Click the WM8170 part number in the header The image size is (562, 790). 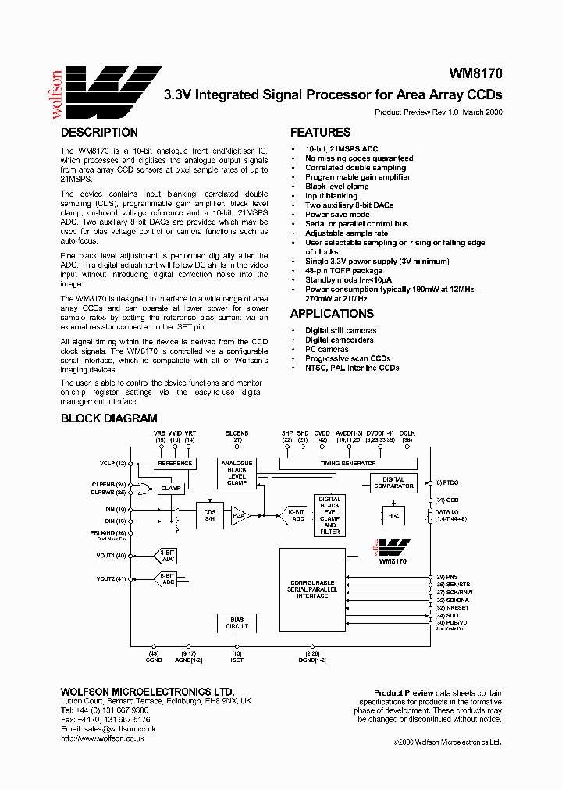(475, 74)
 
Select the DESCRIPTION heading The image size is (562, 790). (99, 133)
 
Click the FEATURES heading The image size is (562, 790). (320, 133)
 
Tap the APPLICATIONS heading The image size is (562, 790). (332, 314)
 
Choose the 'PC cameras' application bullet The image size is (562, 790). (327, 349)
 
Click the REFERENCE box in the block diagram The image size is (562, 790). (175, 463)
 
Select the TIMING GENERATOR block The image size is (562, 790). (347, 463)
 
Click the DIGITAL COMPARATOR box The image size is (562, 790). (393, 483)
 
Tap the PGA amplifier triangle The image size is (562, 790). (238, 514)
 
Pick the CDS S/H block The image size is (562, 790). (208, 511)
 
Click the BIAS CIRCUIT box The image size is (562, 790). (237, 623)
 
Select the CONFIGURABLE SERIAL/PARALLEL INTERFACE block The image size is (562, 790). (311, 589)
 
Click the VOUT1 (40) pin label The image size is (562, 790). (111, 556)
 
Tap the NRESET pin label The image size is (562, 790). (457, 607)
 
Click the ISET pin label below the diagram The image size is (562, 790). (237, 660)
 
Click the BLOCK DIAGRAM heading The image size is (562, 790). (108, 418)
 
